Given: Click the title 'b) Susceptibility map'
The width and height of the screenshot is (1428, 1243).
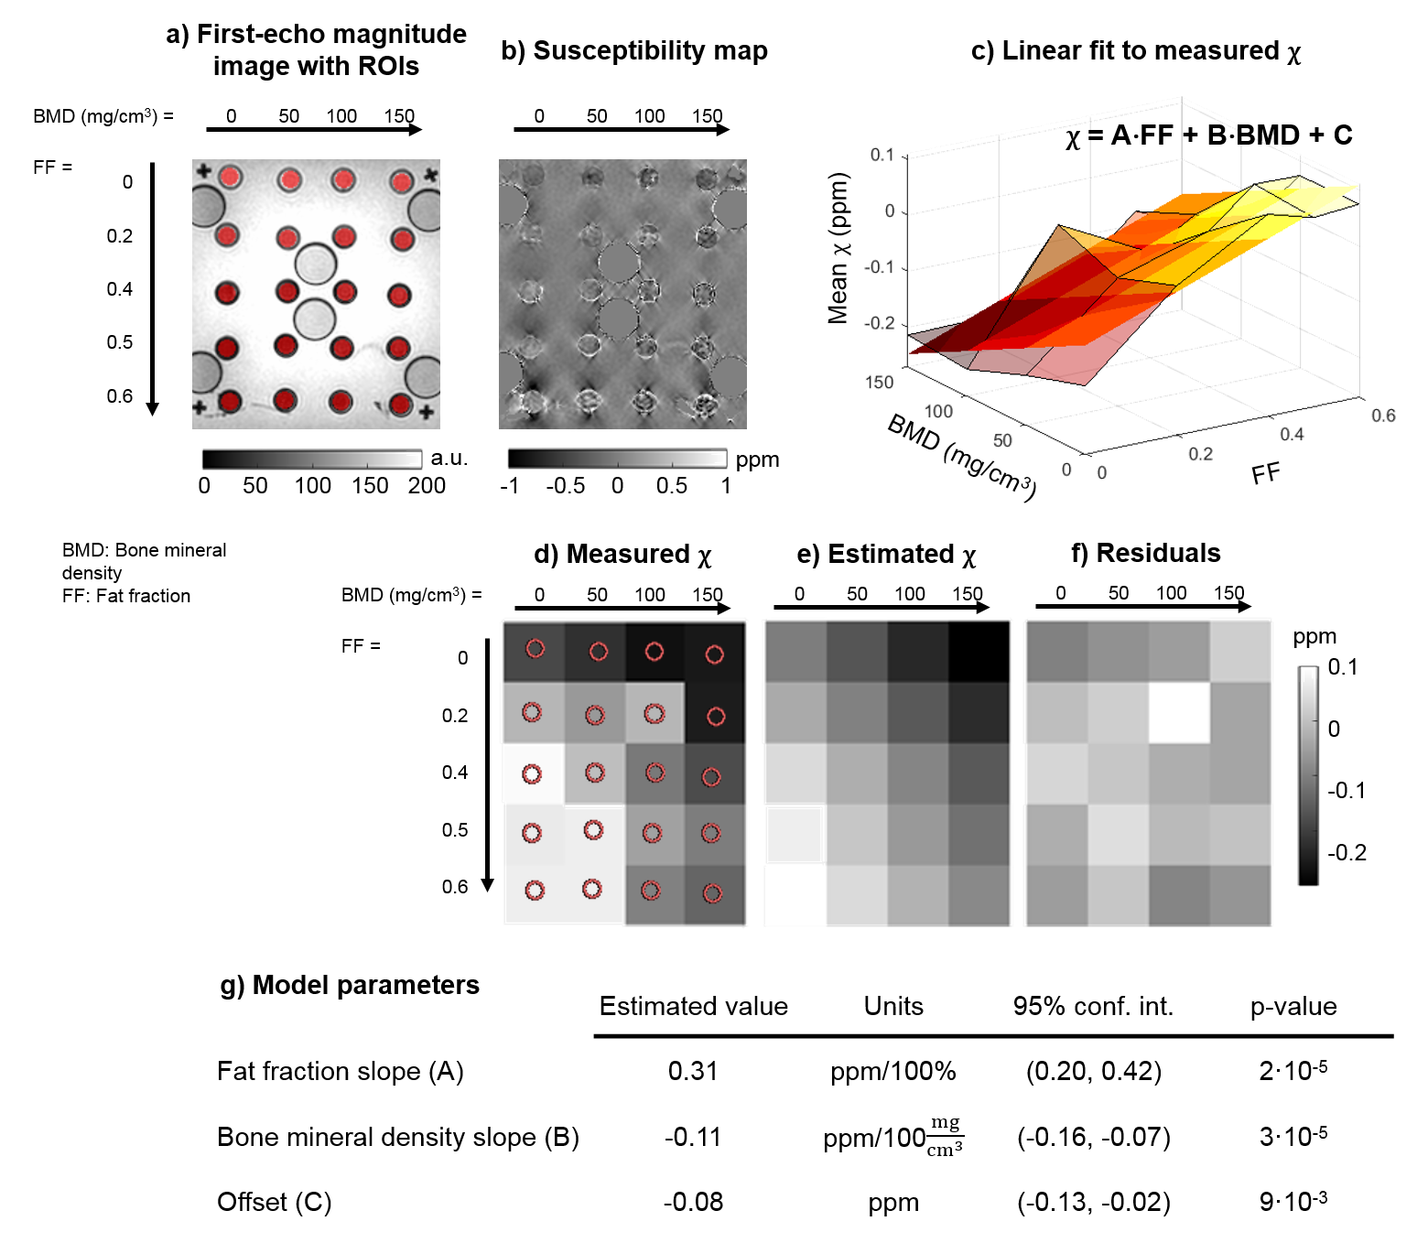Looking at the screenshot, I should [x=633, y=51].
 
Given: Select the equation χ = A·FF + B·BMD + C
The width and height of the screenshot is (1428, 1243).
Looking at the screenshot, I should [x=1208, y=135].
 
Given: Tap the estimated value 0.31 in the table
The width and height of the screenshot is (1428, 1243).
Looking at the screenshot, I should [x=693, y=1071].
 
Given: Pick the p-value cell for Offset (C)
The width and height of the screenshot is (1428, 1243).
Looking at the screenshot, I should [x=1293, y=1201].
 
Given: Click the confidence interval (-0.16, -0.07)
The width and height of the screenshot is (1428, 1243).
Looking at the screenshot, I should [x=1093, y=1137].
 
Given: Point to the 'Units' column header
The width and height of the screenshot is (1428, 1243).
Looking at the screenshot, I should [x=893, y=1007].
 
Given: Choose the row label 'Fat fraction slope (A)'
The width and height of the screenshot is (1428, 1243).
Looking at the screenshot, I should [x=341, y=1071].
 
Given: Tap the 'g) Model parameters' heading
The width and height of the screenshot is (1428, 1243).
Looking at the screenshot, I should [x=350, y=985].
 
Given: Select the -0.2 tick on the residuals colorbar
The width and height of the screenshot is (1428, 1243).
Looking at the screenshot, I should [x=1347, y=853].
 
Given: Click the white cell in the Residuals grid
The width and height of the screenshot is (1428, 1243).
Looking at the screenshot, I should [x=1179, y=713].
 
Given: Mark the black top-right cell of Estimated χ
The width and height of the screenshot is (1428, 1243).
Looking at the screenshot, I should [x=979, y=652].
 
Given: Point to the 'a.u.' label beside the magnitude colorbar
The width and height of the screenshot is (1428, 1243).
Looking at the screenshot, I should [x=449, y=459].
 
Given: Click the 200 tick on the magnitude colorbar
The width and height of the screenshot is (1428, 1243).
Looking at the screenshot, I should [x=427, y=486].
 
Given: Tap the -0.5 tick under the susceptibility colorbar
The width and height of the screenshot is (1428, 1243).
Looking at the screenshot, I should [x=565, y=486].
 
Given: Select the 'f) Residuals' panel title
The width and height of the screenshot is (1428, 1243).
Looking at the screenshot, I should [x=1145, y=554].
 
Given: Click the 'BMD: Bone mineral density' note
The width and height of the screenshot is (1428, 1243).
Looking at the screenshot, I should [x=144, y=561].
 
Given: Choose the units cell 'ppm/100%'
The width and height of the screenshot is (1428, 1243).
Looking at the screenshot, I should [x=892, y=1071].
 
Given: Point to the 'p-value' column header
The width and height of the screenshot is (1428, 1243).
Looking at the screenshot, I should [x=1293, y=1007].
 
